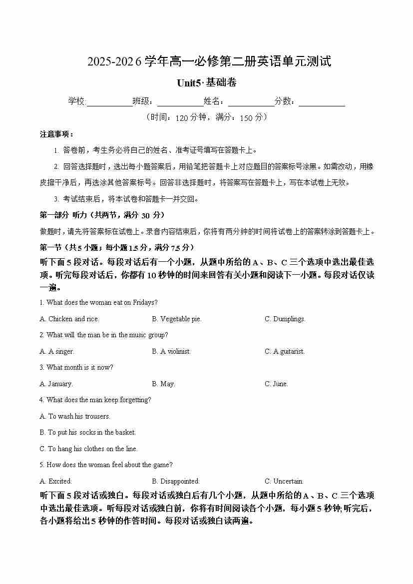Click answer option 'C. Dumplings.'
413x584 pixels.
285,319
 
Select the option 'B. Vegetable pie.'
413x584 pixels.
177,319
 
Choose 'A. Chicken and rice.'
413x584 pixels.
69,319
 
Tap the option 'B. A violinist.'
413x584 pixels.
171,351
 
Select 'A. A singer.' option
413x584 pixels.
57,351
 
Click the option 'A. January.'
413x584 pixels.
56,384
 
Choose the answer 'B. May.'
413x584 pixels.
163,384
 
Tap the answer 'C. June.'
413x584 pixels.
276,384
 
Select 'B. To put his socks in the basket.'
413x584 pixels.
88,432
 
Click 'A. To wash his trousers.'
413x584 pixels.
75,416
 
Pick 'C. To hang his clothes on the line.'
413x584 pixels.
89,449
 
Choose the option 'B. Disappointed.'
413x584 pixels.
176,481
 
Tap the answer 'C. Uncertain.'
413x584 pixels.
284,481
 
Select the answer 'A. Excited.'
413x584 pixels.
56,481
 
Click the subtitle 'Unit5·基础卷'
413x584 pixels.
206,83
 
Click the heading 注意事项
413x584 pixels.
56,134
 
